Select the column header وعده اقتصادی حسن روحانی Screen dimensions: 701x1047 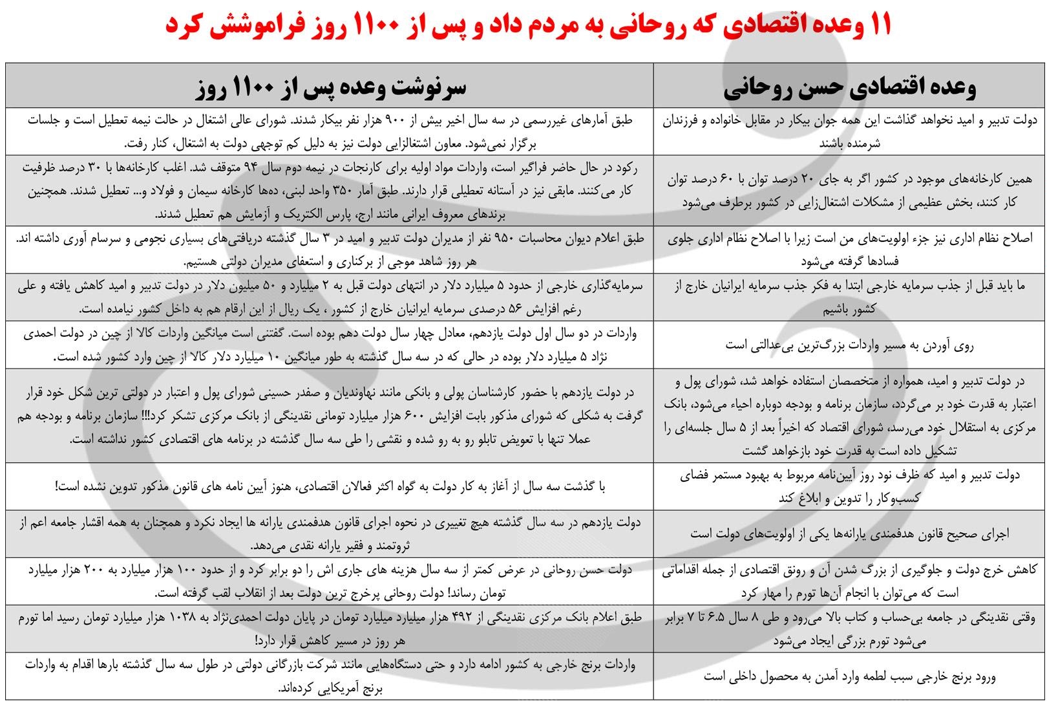tap(849, 87)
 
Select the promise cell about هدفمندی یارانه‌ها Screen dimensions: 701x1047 tap(849, 534)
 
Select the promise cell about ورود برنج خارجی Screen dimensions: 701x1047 tap(849, 677)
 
